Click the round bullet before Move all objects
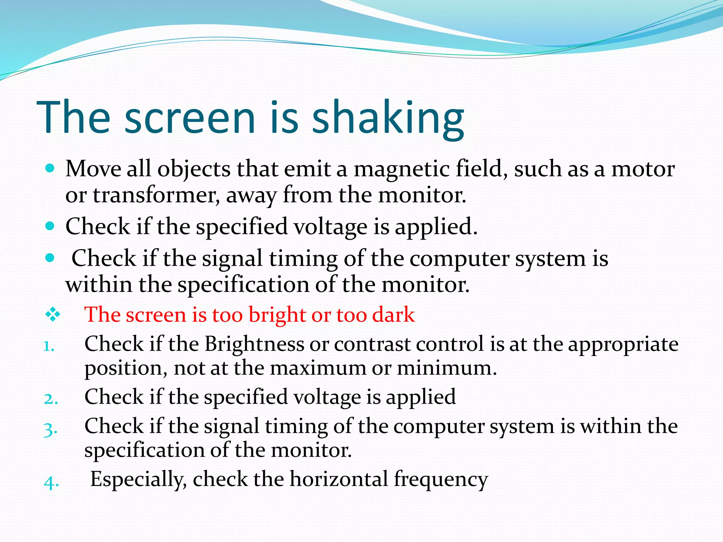point(50,168)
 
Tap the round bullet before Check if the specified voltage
point(50,226)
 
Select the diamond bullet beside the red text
point(53,314)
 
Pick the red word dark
point(393,314)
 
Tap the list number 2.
point(50,399)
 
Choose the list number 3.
point(50,429)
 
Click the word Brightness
point(254,344)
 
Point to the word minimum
point(446,368)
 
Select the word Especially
point(138,480)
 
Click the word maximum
point(318,368)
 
